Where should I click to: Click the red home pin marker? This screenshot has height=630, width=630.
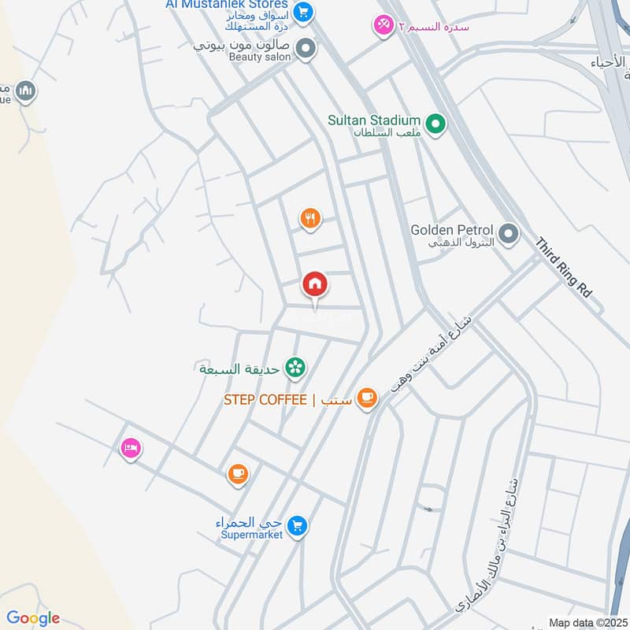[x=314, y=283]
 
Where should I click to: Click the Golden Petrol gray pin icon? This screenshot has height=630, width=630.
[x=510, y=233]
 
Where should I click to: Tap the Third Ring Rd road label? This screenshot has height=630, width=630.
[x=563, y=268]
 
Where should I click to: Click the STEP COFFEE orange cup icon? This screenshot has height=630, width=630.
[x=366, y=398]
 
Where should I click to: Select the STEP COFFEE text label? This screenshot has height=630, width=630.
[x=265, y=399]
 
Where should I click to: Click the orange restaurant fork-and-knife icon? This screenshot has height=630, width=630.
[x=310, y=219]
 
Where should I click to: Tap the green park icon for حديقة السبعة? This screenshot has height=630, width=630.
[x=295, y=367]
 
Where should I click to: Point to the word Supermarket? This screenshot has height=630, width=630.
[x=251, y=537]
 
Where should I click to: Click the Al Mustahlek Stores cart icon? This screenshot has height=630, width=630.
[x=303, y=12]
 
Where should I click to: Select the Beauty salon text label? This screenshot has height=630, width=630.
[x=260, y=57]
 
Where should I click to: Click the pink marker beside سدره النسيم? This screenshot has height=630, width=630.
[x=384, y=26]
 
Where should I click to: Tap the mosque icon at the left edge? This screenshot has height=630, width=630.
[x=26, y=92]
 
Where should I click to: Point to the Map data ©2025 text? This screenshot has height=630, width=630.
[x=587, y=622]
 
